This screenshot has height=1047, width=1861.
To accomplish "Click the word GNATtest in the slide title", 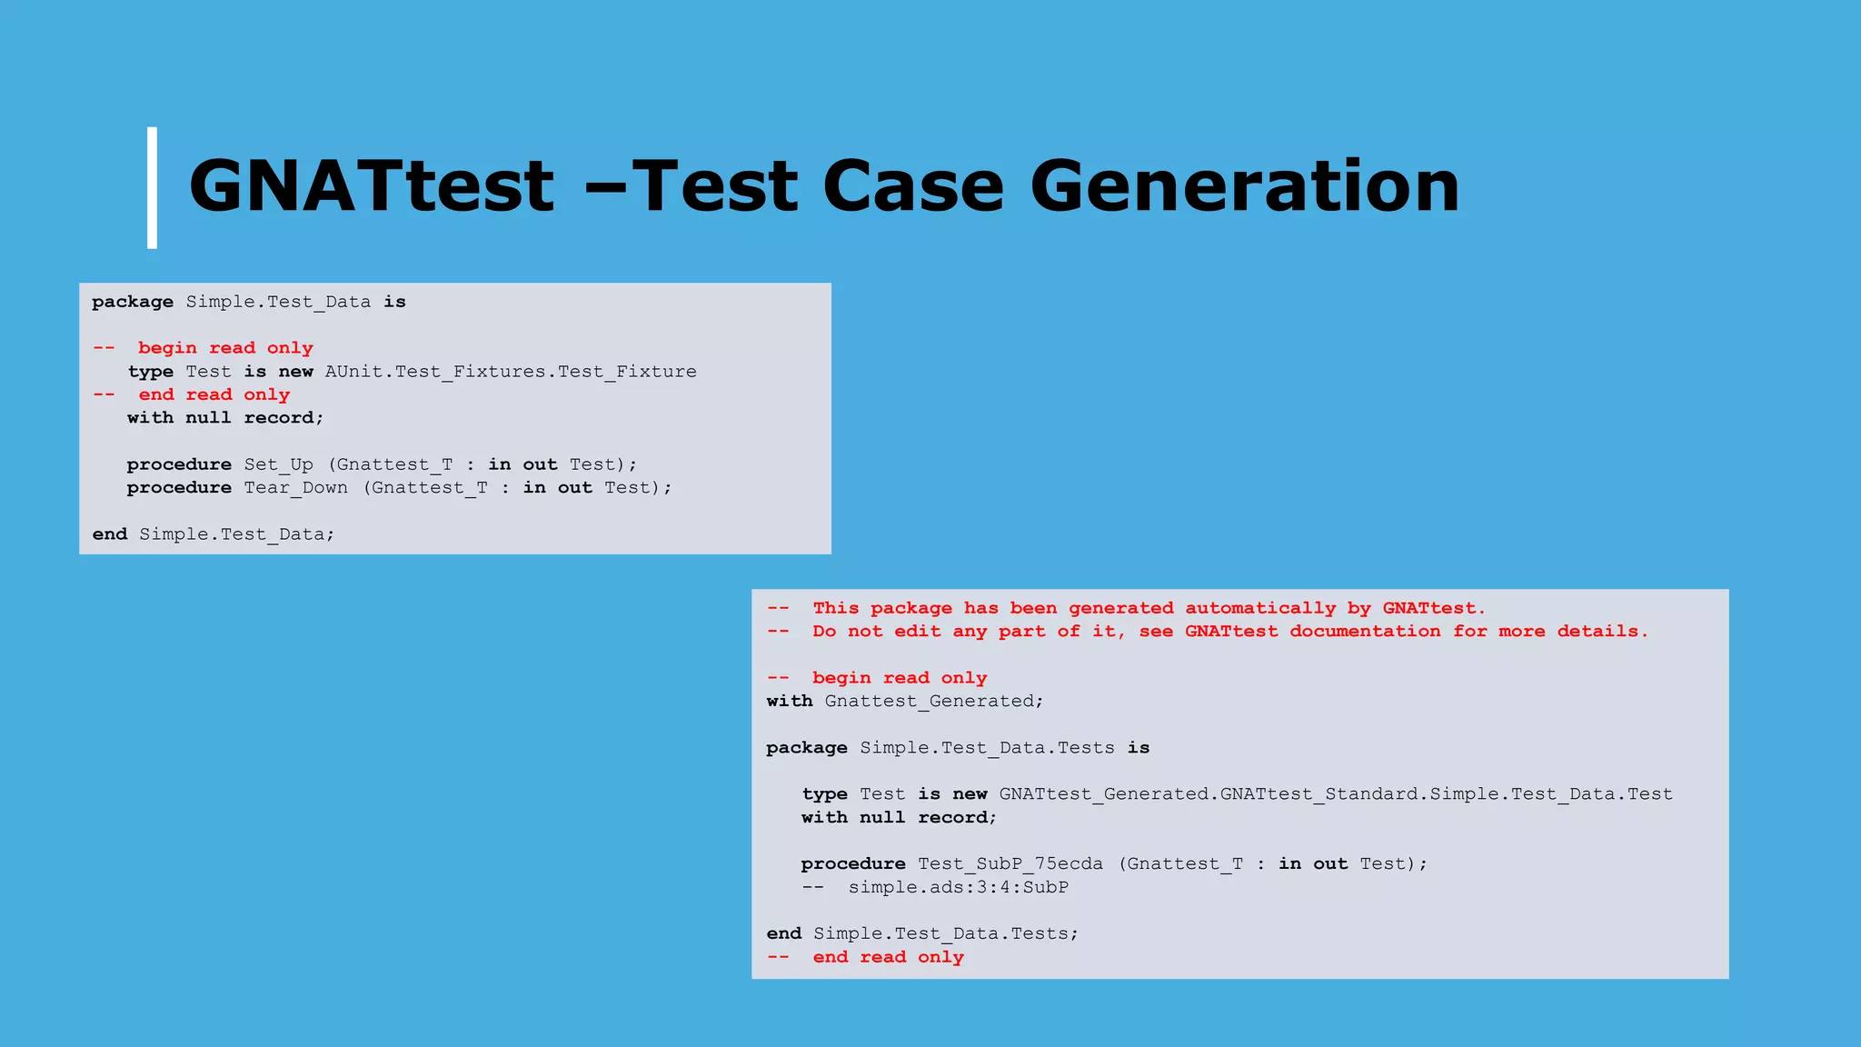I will (x=371, y=186).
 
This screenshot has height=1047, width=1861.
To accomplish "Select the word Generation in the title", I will (x=1244, y=186).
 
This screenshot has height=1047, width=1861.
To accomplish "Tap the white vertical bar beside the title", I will (x=152, y=187).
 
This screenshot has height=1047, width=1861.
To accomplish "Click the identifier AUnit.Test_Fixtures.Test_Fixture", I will (x=511, y=372).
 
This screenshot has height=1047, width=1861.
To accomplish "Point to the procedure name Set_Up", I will (x=278, y=464).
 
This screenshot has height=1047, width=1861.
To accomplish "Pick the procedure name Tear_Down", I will (x=295, y=488).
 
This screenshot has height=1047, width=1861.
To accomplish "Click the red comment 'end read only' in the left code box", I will (x=214, y=394).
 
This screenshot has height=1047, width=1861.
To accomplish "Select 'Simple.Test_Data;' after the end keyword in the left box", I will (x=236, y=534).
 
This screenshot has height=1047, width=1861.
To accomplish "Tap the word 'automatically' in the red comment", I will (x=1260, y=608).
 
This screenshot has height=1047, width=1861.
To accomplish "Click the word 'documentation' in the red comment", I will (x=1365, y=632).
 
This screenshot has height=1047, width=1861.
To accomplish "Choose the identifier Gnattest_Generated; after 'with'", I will (x=934, y=702).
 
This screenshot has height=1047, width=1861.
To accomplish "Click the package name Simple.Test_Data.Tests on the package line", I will (x=987, y=748).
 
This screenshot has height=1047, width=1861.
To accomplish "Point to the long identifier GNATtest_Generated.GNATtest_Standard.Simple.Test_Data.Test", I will (x=1336, y=794).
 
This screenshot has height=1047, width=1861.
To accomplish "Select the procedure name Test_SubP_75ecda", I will (x=1010, y=864).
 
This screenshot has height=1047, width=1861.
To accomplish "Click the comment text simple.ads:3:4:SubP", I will (x=958, y=887).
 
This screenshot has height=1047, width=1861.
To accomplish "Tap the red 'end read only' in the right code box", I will (x=888, y=957).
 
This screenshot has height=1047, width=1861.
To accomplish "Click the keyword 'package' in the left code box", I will (x=133, y=302).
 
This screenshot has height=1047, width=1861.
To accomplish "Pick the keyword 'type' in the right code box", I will (x=824, y=794).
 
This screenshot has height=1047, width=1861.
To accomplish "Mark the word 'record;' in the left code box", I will (x=284, y=418).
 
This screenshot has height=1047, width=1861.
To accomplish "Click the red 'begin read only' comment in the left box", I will (x=225, y=348).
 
